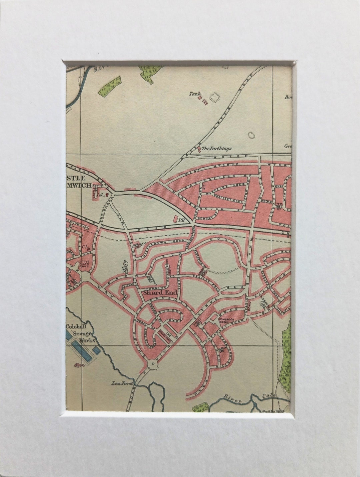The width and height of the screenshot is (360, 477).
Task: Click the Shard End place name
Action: [160, 293]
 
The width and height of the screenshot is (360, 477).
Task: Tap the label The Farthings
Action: [217, 149]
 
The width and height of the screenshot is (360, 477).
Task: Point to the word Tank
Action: [195, 94]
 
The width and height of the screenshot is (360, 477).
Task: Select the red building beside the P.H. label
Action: [175, 219]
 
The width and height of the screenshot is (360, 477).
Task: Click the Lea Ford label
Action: [122, 384]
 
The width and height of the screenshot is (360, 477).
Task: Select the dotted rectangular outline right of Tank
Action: [215, 97]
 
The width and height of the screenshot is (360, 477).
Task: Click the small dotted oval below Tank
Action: [251, 135]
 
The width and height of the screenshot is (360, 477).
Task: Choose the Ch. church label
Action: [86, 248]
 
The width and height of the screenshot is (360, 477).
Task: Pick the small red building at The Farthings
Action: [199, 148]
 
